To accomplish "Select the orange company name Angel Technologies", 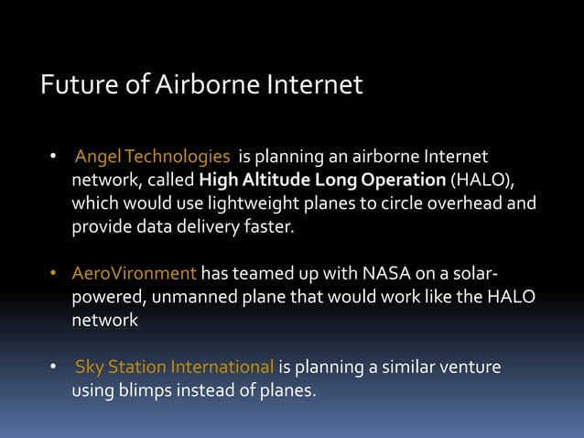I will coord(152,157).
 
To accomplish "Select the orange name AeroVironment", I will coord(135,273).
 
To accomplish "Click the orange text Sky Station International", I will coord(174,367).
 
